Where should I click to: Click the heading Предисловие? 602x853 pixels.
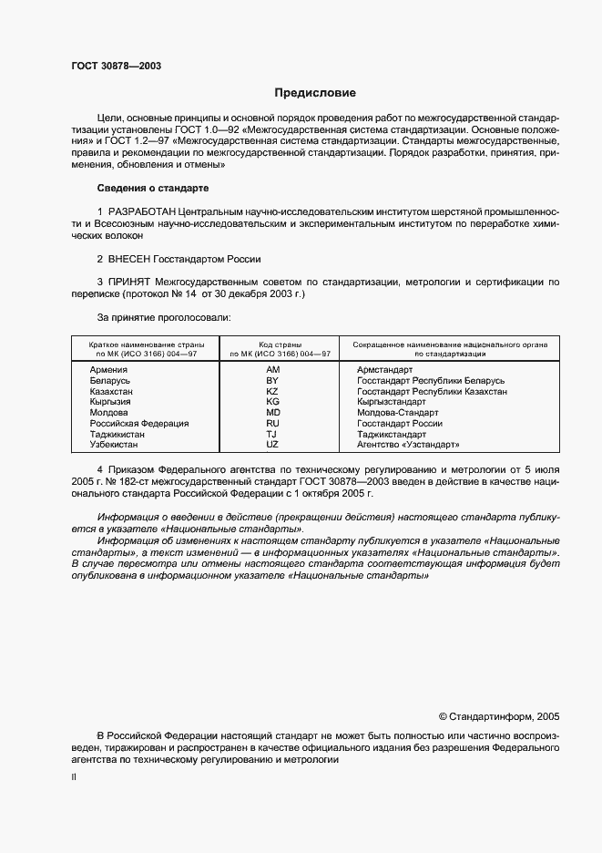[x=316, y=93]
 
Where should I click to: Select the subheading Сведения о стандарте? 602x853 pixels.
[x=153, y=189]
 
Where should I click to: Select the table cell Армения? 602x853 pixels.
[x=108, y=370]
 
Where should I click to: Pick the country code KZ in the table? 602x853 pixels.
[x=272, y=392]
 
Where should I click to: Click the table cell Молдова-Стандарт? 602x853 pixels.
[x=398, y=413]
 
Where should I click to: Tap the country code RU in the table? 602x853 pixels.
[x=272, y=424]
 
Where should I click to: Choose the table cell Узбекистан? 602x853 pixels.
[x=114, y=445]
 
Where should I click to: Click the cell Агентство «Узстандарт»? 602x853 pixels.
[x=408, y=445]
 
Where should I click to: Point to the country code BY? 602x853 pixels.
[x=272, y=381]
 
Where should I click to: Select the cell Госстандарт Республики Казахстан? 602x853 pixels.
[x=432, y=392]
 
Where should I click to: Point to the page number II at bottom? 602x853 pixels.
[x=74, y=777]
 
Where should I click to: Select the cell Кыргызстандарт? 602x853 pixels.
[x=392, y=402]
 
